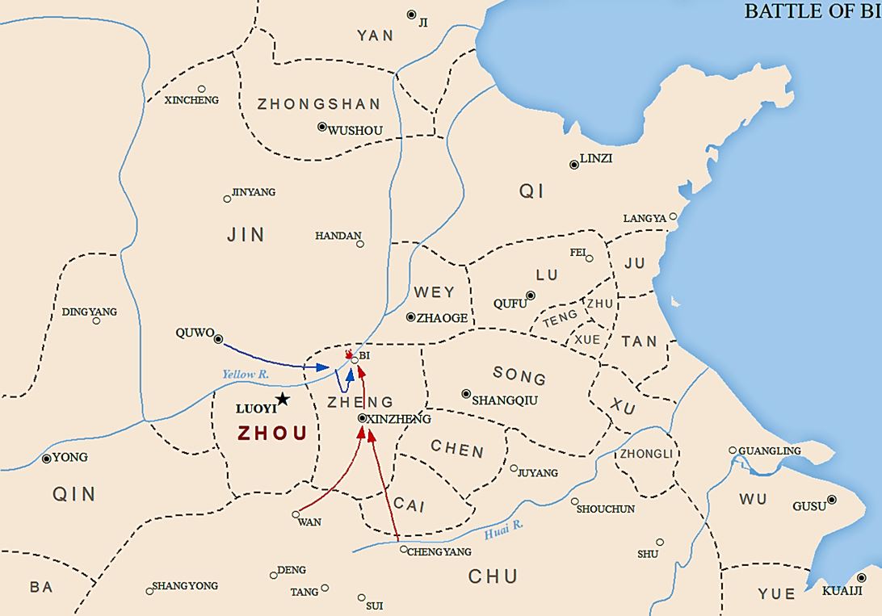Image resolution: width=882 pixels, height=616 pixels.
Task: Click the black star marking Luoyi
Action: pos(282,399)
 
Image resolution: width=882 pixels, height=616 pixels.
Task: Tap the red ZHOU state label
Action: pos(272,434)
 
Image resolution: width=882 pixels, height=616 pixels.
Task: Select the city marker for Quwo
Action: pos(218,339)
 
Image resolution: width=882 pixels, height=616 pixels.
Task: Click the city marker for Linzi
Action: pos(574,165)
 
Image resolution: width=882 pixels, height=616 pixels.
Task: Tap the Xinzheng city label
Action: pos(398,419)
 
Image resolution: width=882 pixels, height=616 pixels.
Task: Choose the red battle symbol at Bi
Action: pos(349,354)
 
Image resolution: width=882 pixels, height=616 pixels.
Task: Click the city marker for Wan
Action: pos(296,513)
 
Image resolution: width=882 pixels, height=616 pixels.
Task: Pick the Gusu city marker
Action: pos(832,500)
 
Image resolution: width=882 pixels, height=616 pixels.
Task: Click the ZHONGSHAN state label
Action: pos(318,104)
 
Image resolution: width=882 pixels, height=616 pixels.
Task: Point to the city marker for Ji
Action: pos(411,15)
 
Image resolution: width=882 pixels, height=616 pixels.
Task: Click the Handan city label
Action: pos(338,236)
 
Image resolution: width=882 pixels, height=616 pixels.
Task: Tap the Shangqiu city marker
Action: pos(466,394)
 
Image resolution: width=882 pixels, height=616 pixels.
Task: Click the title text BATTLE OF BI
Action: pos(812,10)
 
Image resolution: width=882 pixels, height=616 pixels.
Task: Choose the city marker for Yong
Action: pos(47,459)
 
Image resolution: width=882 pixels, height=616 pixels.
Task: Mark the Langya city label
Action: pos(645,219)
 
